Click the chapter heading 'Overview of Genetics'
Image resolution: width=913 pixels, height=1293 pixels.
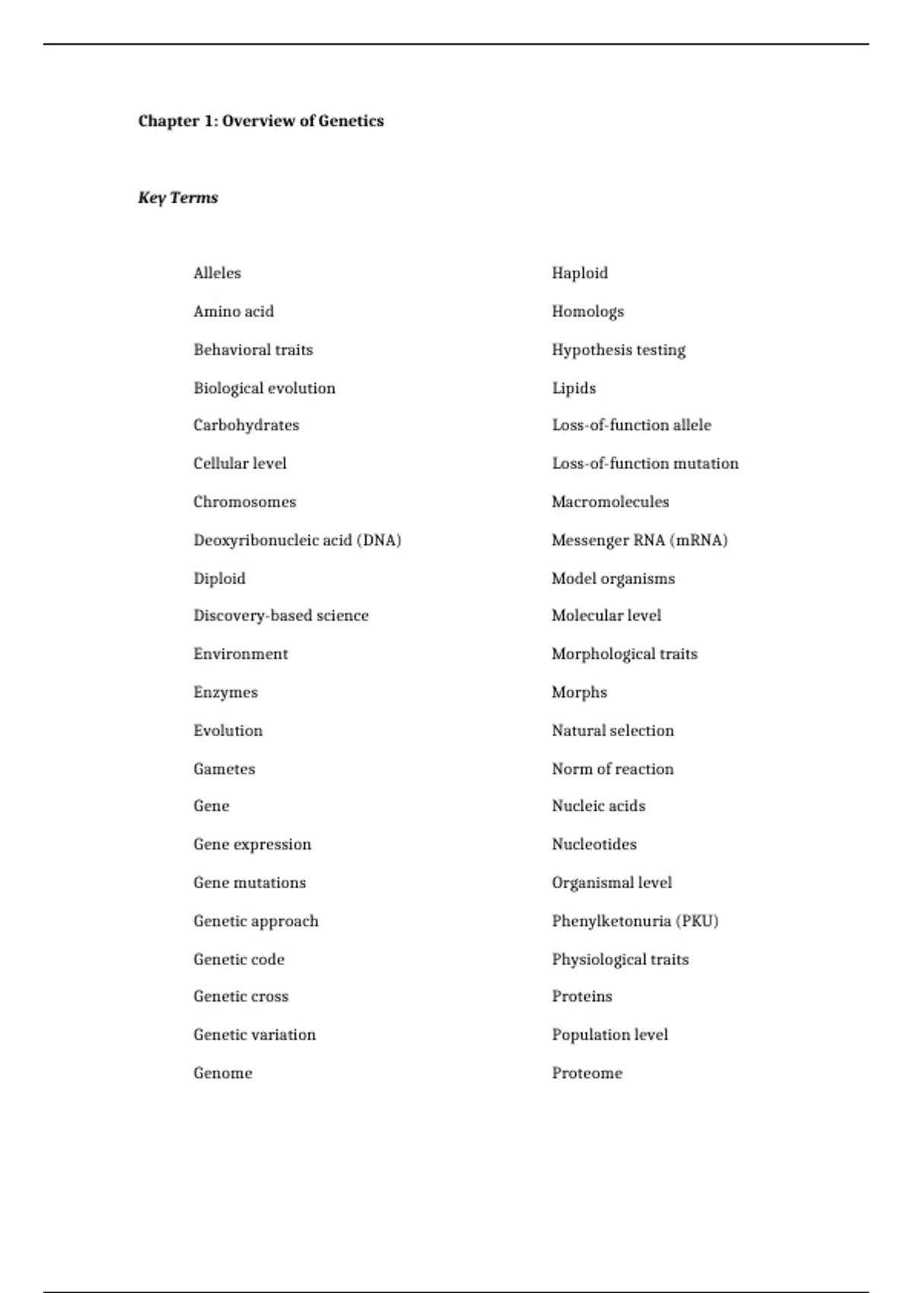click(x=261, y=121)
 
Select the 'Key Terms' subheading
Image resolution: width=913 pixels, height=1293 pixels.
click(x=178, y=198)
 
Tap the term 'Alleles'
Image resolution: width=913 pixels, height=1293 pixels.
click(x=217, y=273)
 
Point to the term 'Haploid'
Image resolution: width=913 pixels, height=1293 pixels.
click(x=580, y=273)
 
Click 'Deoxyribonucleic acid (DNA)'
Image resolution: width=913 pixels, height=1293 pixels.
click(x=297, y=540)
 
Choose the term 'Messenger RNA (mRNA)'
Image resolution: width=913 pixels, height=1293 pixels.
click(x=639, y=540)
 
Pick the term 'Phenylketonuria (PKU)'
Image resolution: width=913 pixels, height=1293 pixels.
click(x=635, y=921)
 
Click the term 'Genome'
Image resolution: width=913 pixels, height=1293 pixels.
click(x=222, y=1073)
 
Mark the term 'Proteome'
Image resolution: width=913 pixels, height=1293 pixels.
click(x=587, y=1073)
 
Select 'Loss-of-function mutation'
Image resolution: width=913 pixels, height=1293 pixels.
click(x=644, y=463)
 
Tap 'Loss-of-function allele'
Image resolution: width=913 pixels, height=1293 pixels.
click(x=631, y=425)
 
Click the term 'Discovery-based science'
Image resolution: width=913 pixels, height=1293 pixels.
click(x=281, y=615)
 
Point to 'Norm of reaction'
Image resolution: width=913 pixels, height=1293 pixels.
click(x=612, y=769)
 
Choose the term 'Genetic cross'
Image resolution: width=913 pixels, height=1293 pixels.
click(x=240, y=996)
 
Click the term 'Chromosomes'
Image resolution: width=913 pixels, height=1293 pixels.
click(x=244, y=502)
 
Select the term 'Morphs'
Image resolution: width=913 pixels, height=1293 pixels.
click(x=579, y=692)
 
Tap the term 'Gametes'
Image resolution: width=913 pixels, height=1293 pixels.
click(x=224, y=769)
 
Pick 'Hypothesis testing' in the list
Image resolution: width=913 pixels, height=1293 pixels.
click(x=618, y=350)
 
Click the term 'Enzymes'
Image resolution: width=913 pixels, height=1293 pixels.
click(x=225, y=692)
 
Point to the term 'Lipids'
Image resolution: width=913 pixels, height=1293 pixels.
click(x=574, y=388)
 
